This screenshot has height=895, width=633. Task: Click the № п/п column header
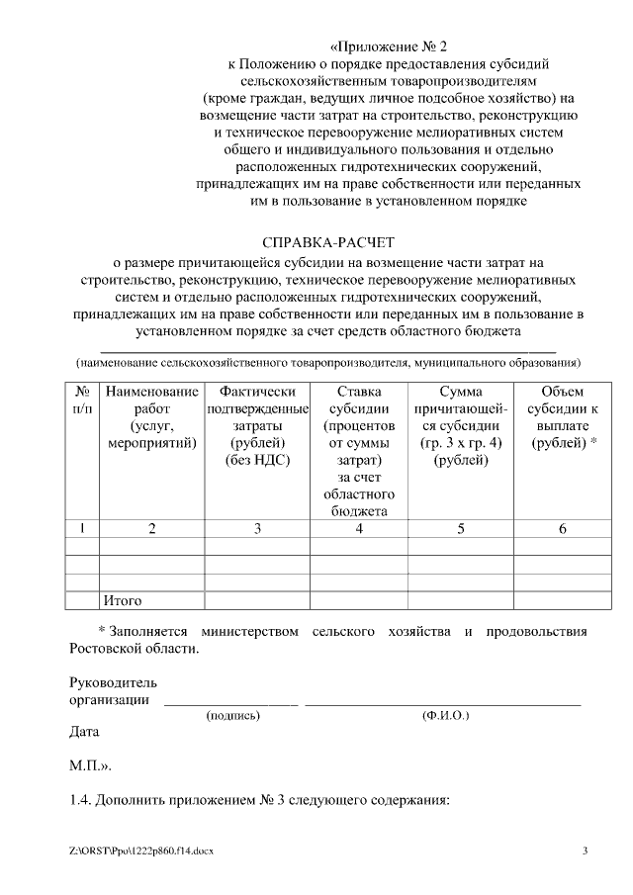click(84, 401)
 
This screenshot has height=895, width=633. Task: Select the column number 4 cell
click(359, 529)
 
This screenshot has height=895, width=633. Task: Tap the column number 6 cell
click(563, 529)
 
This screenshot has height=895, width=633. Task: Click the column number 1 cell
click(83, 529)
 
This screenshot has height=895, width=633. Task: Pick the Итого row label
click(123, 600)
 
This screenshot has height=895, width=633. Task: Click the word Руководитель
click(113, 682)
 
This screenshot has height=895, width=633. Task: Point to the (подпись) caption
click(231, 714)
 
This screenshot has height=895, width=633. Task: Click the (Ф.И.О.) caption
click(445, 714)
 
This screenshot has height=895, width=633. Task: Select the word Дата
click(84, 733)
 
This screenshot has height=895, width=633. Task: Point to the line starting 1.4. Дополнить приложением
click(259, 798)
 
